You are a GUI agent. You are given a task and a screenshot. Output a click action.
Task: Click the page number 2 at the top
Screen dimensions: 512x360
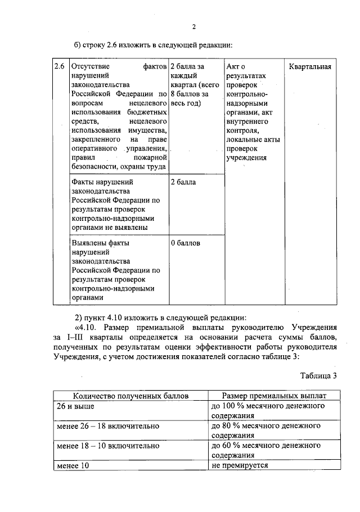tap(193, 26)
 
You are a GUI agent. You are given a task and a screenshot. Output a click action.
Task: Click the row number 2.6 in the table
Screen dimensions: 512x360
tap(60, 67)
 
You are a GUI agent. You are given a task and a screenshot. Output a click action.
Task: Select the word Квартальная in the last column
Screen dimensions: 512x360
tap(310, 67)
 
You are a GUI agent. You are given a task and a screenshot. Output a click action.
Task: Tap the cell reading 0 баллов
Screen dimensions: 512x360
tap(185, 243)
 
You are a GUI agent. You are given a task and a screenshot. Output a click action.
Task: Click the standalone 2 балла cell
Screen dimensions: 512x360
tap(183, 182)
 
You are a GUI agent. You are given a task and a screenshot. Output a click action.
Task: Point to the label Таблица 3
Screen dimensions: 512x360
tap(318, 376)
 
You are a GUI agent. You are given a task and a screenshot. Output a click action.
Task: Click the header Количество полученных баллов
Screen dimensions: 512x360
tap(130, 396)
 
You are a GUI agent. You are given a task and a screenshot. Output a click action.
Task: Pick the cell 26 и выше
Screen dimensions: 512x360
tap(75, 405)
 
